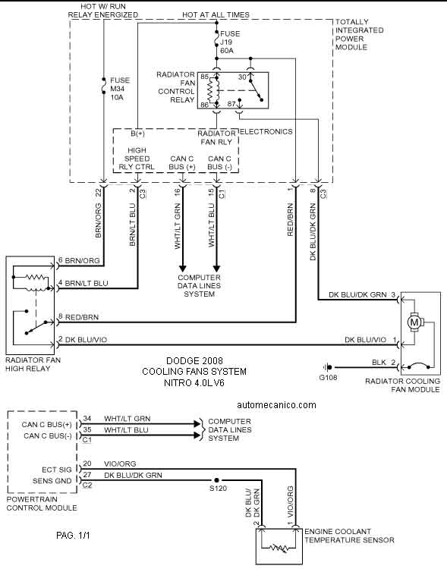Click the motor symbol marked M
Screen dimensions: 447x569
point(414,322)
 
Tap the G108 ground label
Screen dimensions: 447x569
point(329,377)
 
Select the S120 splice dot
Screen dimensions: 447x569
point(217,480)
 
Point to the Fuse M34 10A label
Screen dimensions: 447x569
point(120,89)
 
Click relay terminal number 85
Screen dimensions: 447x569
point(204,77)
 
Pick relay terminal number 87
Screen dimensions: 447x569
point(231,104)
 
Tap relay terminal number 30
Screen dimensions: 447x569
point(242,77)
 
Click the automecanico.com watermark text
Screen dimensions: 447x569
point(276,405)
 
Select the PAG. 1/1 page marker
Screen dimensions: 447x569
point(73,536)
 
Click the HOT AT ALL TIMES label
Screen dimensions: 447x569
point(216,15)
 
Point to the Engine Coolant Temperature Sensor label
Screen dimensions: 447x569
point(349,536)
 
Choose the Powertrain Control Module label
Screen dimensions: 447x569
point(42,503)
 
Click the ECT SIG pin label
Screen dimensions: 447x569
point(57,470)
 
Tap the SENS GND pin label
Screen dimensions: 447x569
point(52,481)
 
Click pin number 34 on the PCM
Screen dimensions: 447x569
point(87,418)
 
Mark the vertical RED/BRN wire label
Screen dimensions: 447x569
point(290,220)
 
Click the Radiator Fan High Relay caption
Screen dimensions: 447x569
point(33,364)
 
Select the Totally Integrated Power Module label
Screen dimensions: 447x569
point(360,34)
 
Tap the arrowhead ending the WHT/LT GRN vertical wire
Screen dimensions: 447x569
point(182,269)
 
